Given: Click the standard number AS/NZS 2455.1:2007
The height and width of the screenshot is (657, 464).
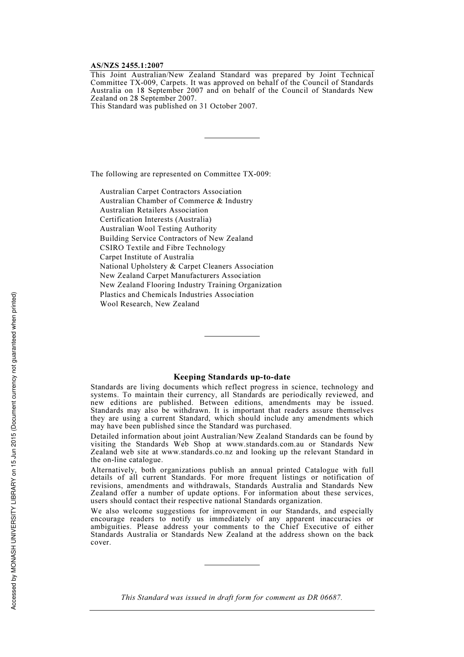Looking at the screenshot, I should [x=127, y=65].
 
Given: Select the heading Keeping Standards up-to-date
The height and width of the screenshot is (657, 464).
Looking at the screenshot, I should [x=232, y=377].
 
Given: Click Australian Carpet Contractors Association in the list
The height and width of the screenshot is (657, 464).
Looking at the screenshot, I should [x=170, y=191].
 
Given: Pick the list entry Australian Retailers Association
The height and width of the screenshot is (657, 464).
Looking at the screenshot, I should [x=154, y=210].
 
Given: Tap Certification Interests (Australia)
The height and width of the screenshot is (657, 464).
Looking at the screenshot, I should [x=156, y=219].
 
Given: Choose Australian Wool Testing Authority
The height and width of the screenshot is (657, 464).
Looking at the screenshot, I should [x=158, y=229].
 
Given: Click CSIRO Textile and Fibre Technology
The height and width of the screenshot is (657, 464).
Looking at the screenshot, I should [x=163, y=248].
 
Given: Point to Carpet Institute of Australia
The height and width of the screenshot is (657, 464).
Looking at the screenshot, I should [x=147, y=257].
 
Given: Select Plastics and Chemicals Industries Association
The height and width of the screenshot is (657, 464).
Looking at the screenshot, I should [x=177, y=295].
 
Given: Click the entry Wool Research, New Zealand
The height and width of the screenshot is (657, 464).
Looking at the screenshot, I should [x=149, y=304].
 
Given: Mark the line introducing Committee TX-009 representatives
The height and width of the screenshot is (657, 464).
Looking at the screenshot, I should [x=181, y=174].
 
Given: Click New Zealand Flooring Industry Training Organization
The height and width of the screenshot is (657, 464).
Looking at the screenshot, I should [x=190, y=285].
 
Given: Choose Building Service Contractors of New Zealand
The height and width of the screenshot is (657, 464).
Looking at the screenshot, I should [x=176, y=238].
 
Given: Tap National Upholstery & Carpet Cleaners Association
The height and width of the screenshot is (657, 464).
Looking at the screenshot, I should [x=187, y=266].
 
